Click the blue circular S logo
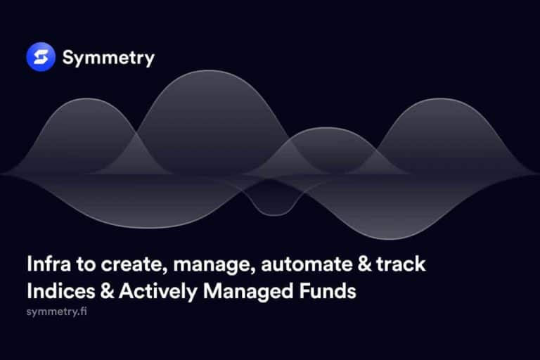(x=41, y=57)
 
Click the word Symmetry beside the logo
(x=108, y=58)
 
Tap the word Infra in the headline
(x=49, y=264)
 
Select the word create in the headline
(x=132, y=264)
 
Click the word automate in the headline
(x=307, y=264)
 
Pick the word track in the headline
(x=401, y=264)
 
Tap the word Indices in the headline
(x=61, y=291)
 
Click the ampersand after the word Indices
(x=107, y=291)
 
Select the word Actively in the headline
(x=158, y=292)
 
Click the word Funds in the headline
(x=328, y=291)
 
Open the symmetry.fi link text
(x=56, y=311)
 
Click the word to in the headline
(x=86, y=264)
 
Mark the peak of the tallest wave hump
(x=209, y=70)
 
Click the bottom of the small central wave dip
(x=274, y=216)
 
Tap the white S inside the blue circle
(x=41, y=57)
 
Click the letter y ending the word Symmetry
(x=150, y=60)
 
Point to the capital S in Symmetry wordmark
(x=68, y=57)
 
